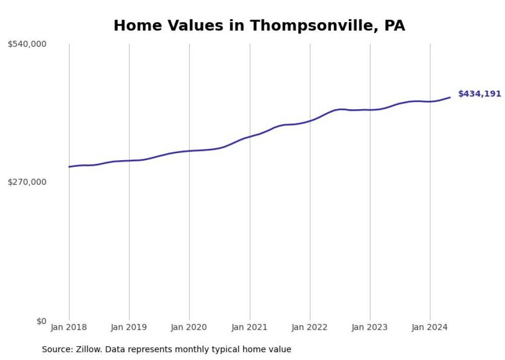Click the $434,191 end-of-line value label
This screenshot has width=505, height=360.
[x=479, y=94]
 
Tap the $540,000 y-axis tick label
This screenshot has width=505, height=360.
[x=27, y=44]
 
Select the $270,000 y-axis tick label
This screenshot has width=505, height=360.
[x=27, y=182]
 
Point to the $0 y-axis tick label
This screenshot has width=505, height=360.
[x=41, y=321]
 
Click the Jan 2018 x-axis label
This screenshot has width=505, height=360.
[x=69, y=327]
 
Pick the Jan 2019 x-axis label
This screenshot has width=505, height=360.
[x=129, y=327]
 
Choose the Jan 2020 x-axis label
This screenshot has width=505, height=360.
[x=189, y=327]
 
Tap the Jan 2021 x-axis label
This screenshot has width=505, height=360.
[x=250, y=327]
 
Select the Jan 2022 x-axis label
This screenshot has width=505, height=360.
[x=310, y=327]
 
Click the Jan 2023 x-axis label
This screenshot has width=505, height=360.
[x=370, y=327]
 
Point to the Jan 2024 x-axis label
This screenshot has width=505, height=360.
[x=430, y=327]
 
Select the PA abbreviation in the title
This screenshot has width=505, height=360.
[x=395, y=26]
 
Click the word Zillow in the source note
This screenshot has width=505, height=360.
[x=87, y=349]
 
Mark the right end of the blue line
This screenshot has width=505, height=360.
[x=450, y=97]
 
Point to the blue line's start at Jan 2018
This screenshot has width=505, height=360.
[x=69, y=167]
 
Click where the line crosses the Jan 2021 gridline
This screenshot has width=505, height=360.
[x=250, y=136]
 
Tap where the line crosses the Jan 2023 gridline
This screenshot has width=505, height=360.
[x=370, y=110]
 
